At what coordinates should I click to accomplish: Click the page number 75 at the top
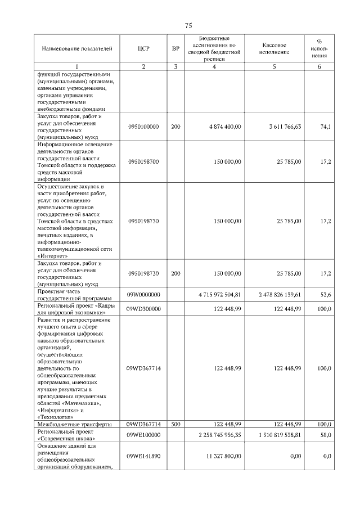[188, 26]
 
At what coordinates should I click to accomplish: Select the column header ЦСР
[143, 49]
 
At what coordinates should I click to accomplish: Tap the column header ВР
[175, 49]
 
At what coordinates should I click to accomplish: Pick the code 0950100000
[143, 127]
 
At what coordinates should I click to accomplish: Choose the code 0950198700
[143, 161]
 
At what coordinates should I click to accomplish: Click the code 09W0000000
[143, 294]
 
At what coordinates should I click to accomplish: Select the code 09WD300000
[143, 309]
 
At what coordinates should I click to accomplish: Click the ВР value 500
[175, 424]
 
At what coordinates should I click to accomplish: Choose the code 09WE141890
[143, 457]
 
